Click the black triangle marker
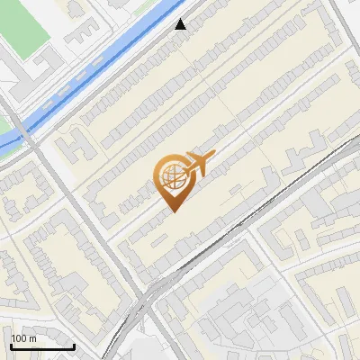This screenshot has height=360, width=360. [181, 24]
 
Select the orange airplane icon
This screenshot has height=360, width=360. [198, 164]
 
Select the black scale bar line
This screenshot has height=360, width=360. [42, 346]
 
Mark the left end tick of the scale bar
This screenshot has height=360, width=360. [11, 343]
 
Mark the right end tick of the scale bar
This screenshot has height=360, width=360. [75, 343]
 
